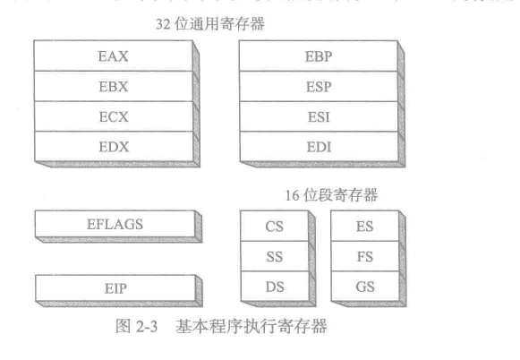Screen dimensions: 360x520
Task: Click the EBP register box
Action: tap(319, 56)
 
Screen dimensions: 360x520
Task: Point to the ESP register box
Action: tap(319, 86)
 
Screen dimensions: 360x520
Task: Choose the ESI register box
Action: tap(319, 116)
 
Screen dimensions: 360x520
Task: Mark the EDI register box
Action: tap(319, 145)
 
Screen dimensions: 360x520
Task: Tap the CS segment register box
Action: tap(275, 227)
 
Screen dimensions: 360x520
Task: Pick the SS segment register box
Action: tap(275, 258)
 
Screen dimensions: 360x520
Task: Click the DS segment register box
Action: tap(275, 288)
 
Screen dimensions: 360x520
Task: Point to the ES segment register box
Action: tap(364, 227)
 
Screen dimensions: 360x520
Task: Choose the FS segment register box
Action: tap(364, 258)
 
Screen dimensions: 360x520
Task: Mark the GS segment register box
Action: tap(364, 288)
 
